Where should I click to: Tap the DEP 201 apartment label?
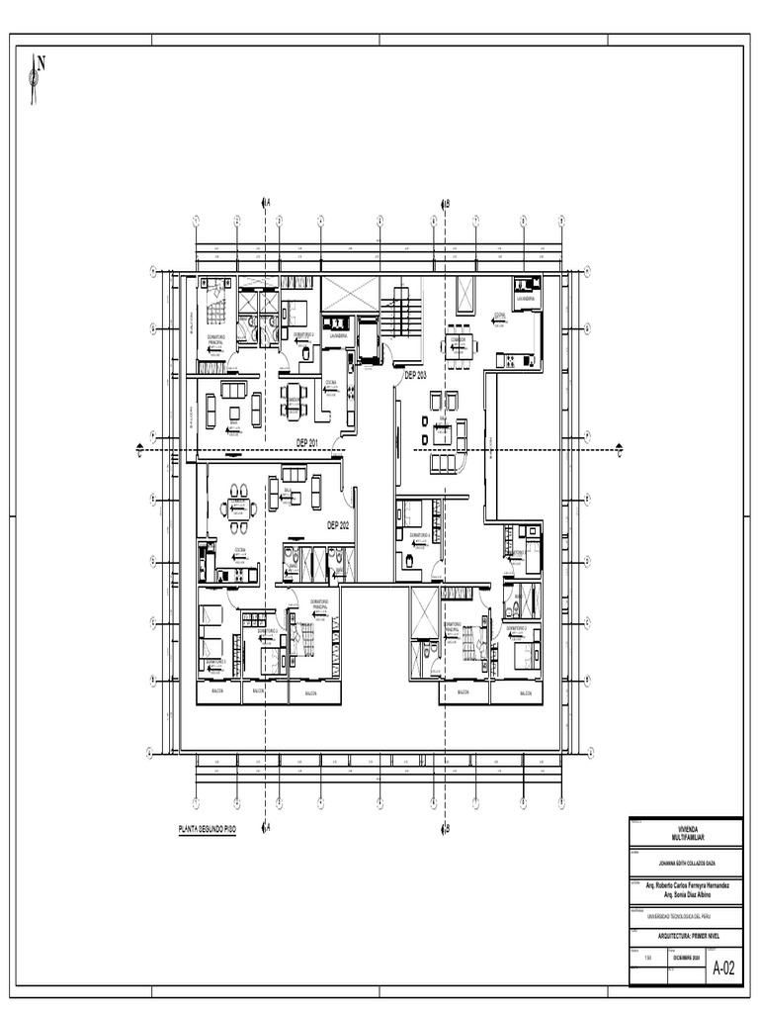(x=307, y=442)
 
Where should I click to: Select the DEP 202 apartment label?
(x=338, y=525)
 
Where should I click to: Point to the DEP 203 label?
(x=415, y=375)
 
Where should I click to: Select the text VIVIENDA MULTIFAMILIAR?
(x=685, y=833)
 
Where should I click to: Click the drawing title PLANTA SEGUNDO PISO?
(x=207, y=826)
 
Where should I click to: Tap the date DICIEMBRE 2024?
(x=686, y=959)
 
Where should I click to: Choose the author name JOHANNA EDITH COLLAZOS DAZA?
(x=685, y=861)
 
